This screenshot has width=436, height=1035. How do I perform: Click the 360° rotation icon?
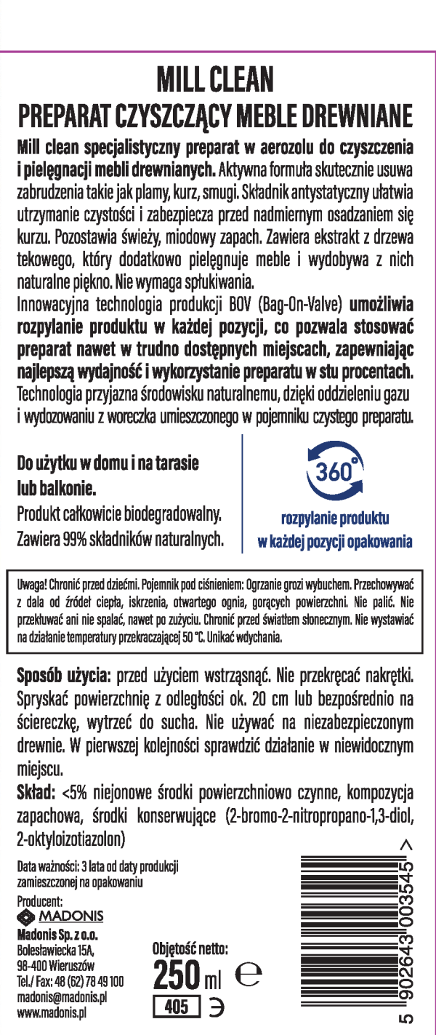(335, 473)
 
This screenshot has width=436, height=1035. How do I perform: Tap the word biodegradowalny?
(166, 515)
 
